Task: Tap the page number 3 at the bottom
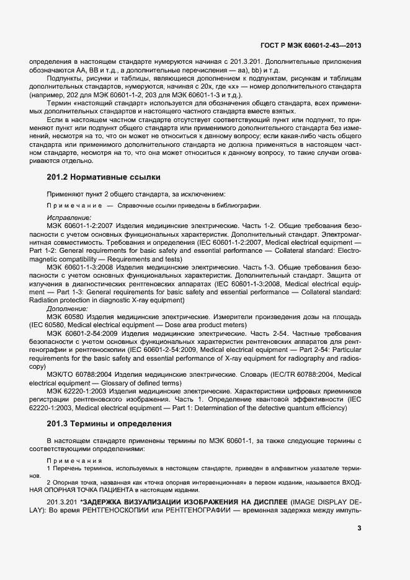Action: [x=359, y=529]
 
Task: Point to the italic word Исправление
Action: [x=69, y=218]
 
